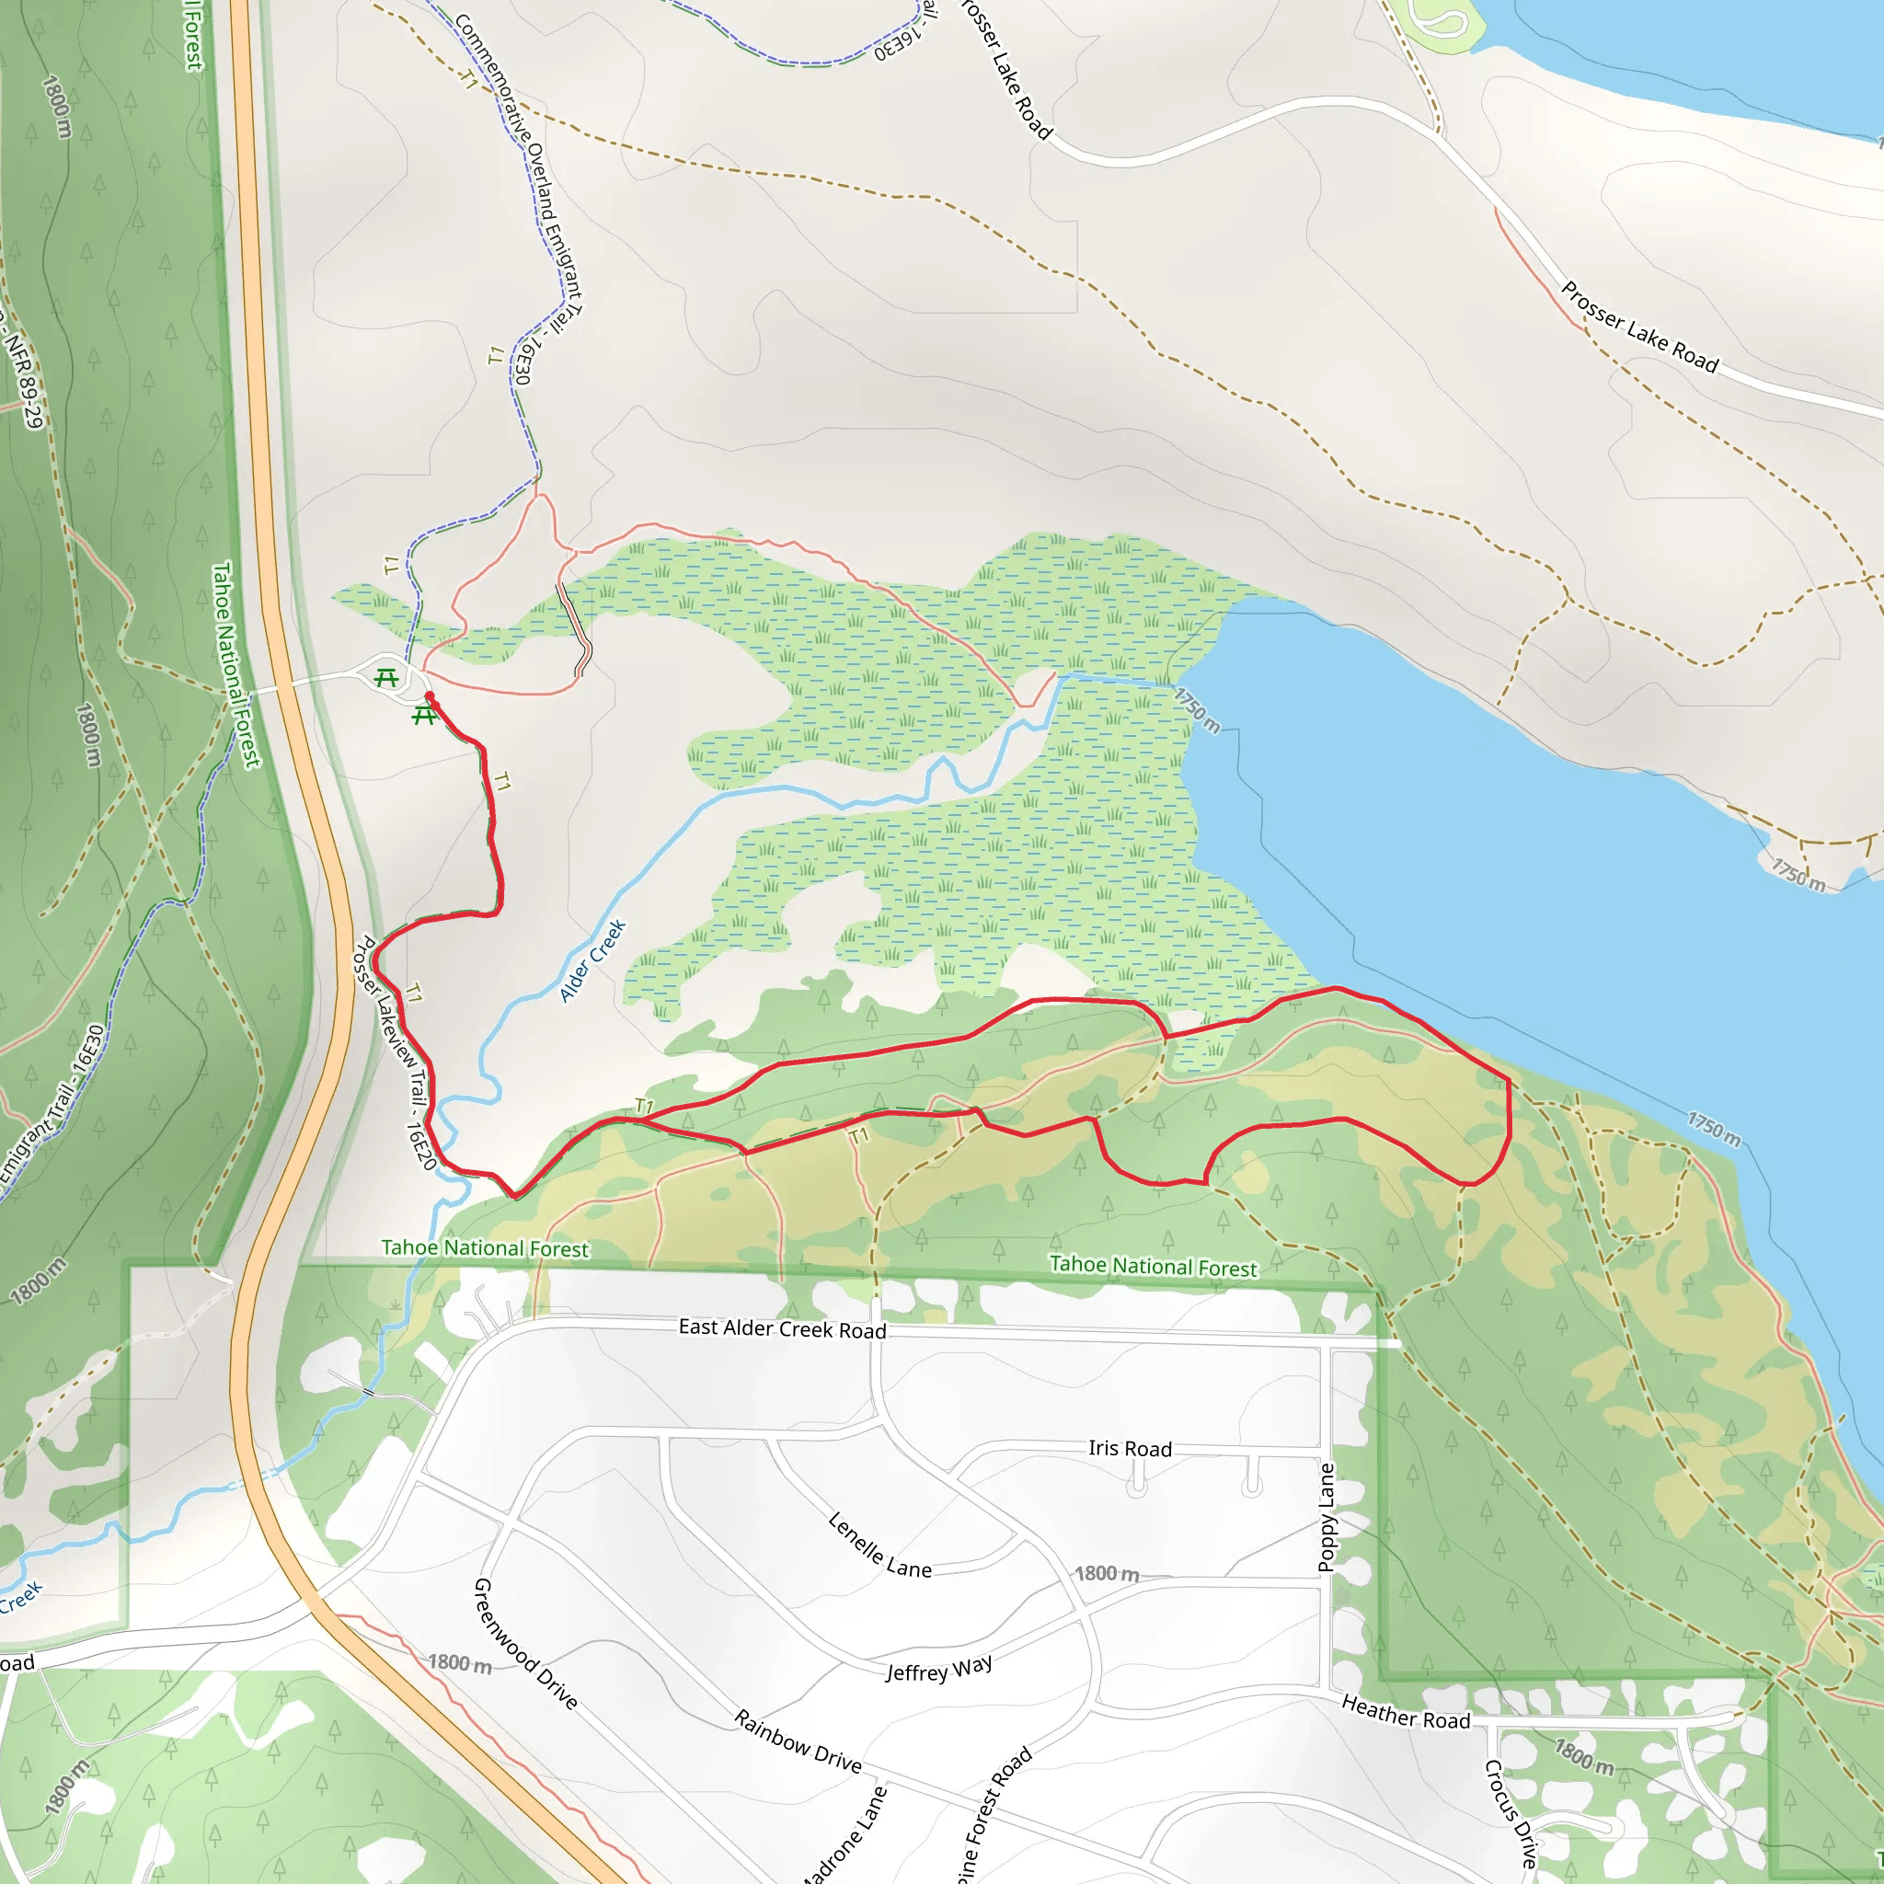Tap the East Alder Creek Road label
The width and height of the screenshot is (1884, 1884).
click(x=782, y=1328)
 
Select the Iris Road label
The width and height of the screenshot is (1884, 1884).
click(x=1131, y=1448)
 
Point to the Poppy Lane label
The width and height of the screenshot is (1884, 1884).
click(x=1327, y=1517)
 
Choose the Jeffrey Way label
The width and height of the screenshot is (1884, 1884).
click(x=938, y=1669)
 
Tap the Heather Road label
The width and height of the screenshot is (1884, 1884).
click(x=1406, y=1711)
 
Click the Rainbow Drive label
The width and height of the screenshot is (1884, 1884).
click(x=798, y=1741)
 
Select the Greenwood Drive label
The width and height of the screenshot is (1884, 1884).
click(x=524, y=1643)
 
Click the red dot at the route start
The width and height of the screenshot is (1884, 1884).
click(x=430, y=696)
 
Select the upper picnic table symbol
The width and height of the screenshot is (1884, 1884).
click(x=387, y=678)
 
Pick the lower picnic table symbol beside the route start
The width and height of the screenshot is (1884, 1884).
click(x=423, y=717)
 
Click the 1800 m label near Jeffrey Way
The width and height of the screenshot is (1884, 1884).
click(x=1106, y=1574)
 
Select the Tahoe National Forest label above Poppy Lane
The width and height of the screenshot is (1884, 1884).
click(x=1154, y=1266)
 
